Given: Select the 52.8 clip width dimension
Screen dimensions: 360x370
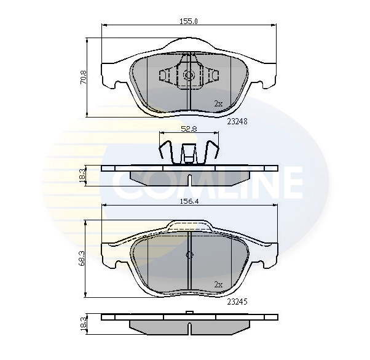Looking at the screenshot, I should point(189,129).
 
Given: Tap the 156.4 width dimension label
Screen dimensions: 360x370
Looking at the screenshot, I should point(189,200).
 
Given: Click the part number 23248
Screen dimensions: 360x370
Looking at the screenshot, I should point(237,121).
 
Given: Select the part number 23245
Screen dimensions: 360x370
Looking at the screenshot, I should point(237,302).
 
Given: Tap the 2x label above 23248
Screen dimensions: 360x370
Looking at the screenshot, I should point(218,103).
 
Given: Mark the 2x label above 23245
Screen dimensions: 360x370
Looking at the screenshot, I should point(218,284).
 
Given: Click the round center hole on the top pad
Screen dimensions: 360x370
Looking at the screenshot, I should point(189,76).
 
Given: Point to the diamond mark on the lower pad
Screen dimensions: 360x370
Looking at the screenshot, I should point(190,255).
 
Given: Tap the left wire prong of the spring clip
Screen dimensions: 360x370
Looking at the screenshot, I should point(163,152).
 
